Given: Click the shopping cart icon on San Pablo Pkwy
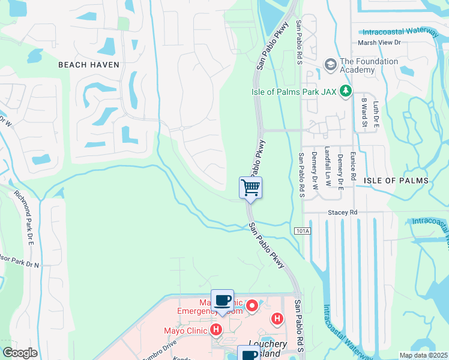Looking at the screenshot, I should (x=251, y=187).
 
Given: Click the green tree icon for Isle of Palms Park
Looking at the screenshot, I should (x=345, y=91).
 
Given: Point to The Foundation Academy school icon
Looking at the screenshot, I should (x=330, y=64).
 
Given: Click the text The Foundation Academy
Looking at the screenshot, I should (x=369, y=65).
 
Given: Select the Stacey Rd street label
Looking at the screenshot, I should (x=342, y=212).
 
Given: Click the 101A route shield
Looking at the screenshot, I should (x=303, y=230).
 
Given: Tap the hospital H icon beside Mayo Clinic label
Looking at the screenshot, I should (x=216, y=330).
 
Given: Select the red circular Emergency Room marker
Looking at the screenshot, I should (x=252, y=305).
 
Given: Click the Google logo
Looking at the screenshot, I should (x=20, y=353).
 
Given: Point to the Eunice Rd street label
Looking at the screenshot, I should (x=353, y=163).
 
